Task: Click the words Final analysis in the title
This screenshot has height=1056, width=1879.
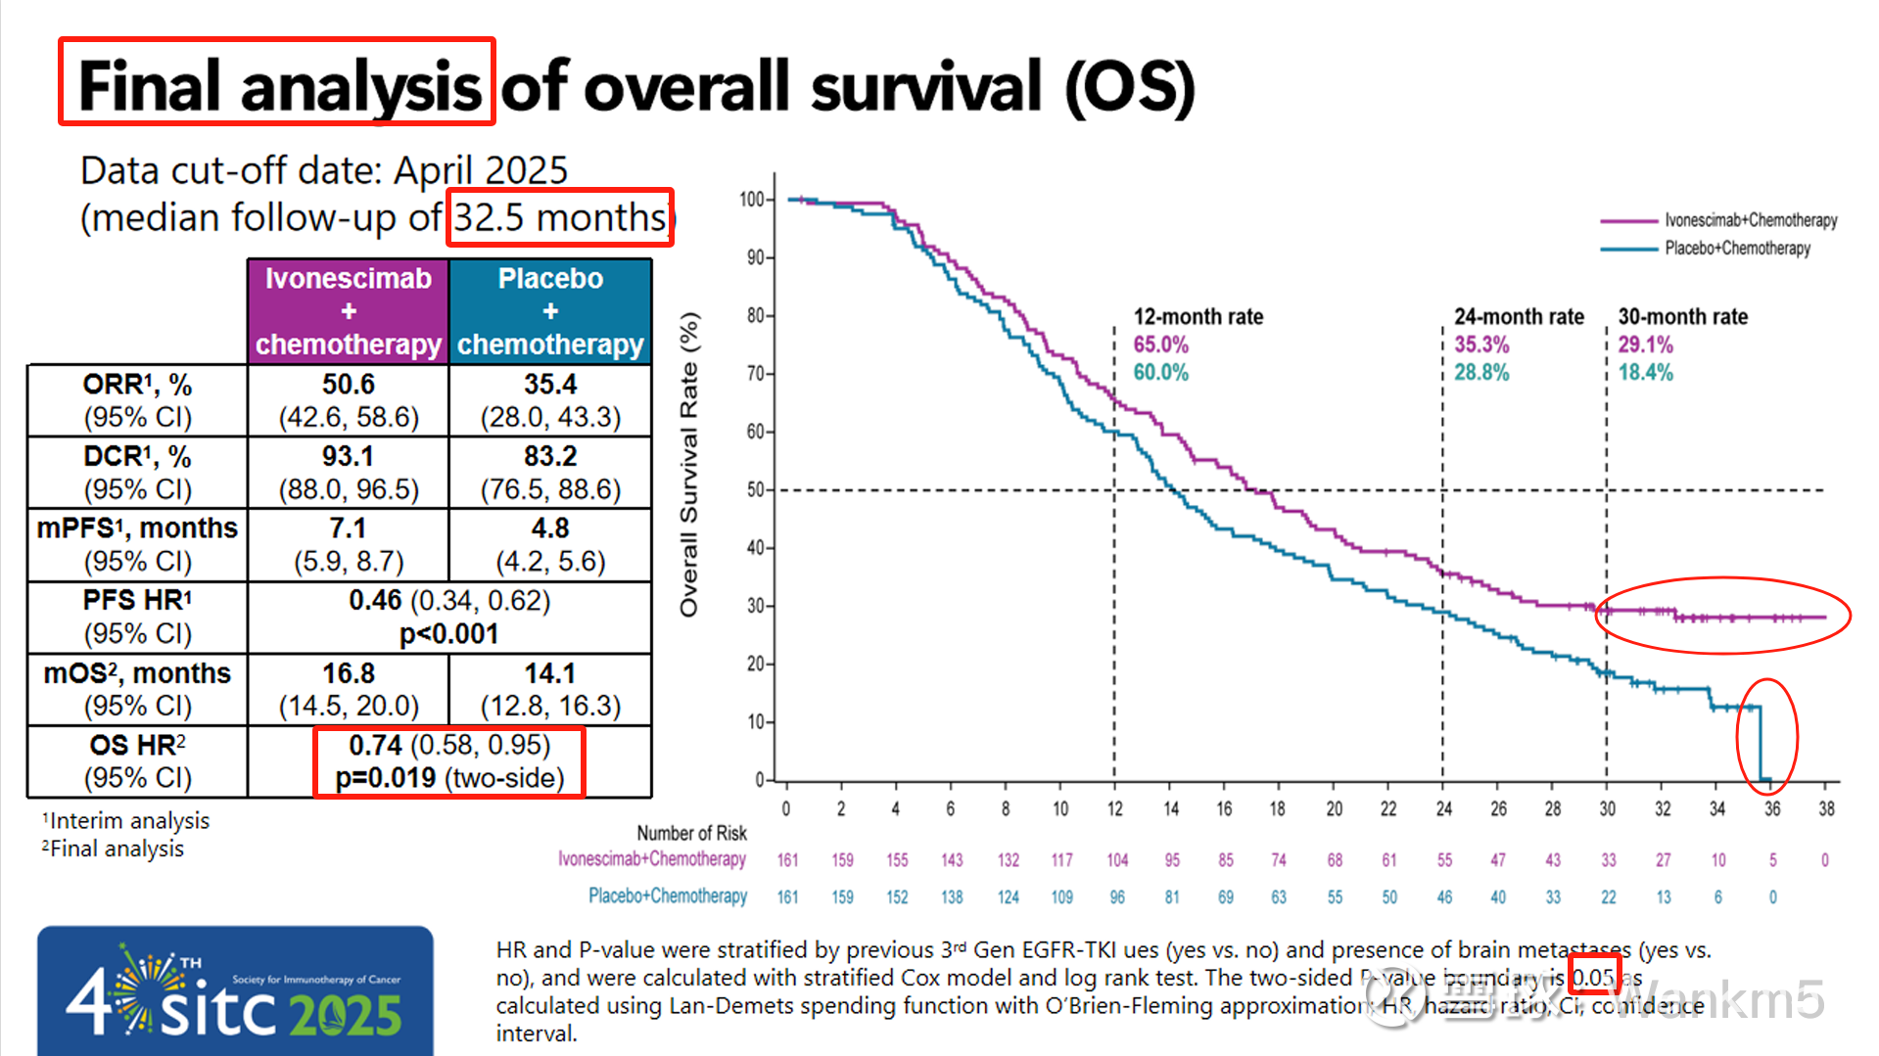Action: [278, 85]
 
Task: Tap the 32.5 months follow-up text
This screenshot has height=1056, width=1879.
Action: [560, 217]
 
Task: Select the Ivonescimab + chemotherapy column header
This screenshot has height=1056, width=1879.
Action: [349, 311]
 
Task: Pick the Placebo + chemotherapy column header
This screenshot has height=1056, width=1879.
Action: [550, 311]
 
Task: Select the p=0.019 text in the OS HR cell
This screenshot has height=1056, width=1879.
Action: [385, 778]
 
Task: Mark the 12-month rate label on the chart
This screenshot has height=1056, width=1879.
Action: [1198, 317]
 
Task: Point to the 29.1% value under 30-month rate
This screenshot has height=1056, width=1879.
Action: [1645, 344]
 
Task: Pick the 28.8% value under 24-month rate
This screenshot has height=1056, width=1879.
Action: [1480, 373]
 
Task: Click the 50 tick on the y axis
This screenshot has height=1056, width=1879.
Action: [755, 489]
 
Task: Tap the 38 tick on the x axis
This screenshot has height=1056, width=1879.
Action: [1826, 809]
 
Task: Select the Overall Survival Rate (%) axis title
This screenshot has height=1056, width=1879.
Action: [689, 465]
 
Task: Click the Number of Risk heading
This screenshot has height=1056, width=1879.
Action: [691, 833]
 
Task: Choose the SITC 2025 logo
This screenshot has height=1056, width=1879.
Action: [235, 990]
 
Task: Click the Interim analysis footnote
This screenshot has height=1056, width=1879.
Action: [127, 821]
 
